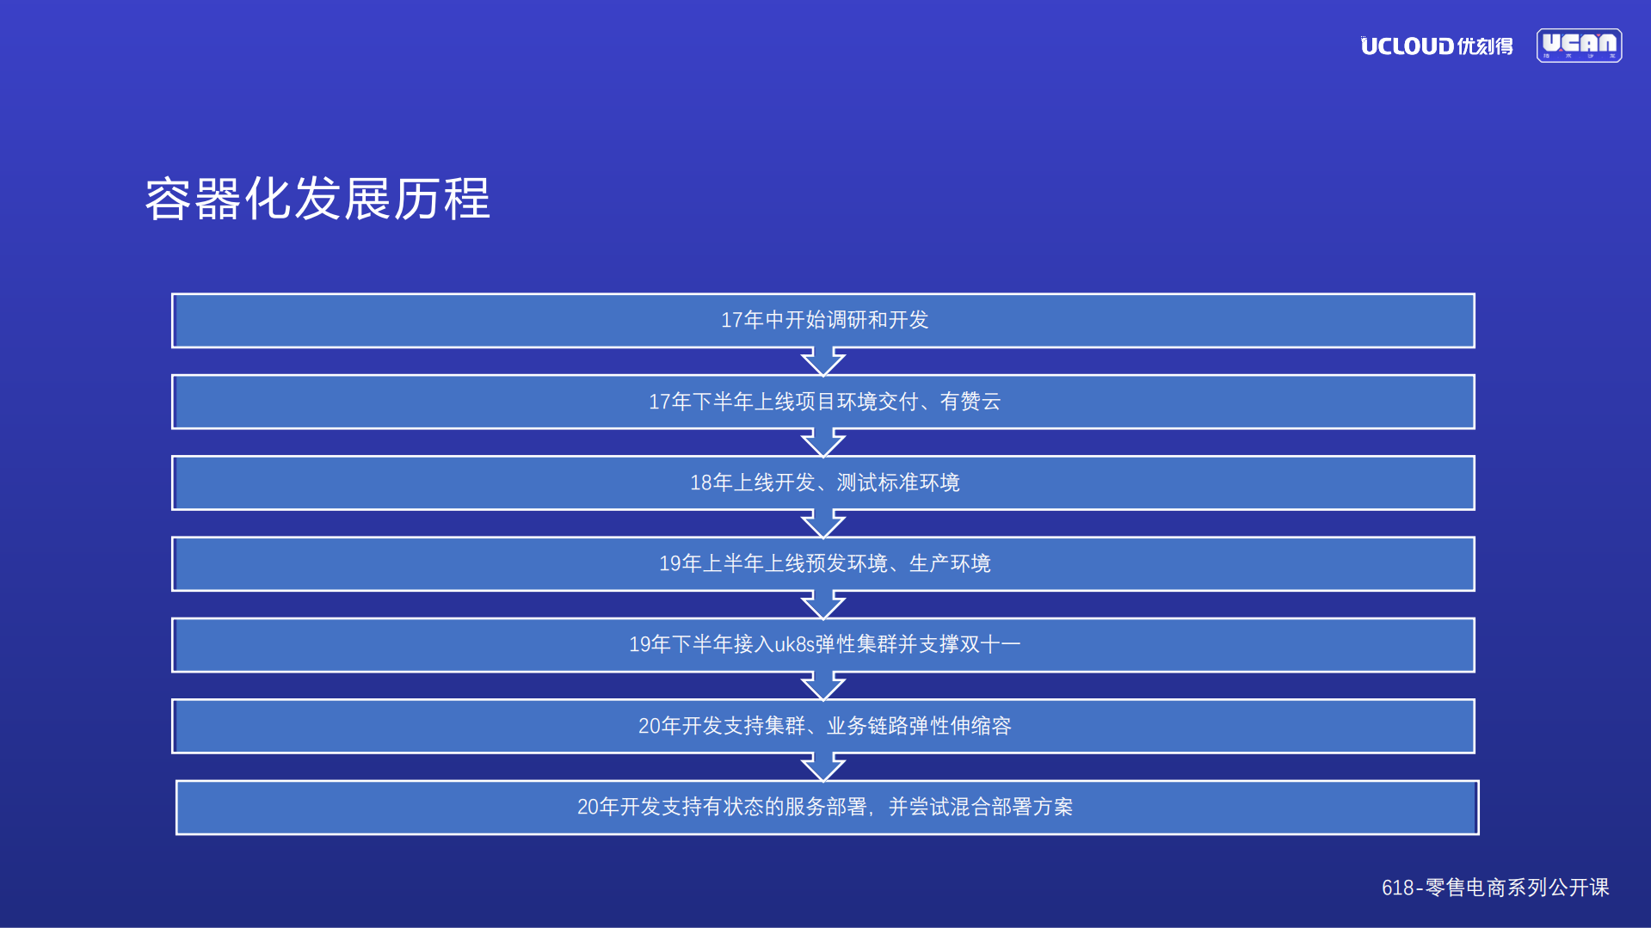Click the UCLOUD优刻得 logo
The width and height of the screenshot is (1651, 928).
pos(1436,46)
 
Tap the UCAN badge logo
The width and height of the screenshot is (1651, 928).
pos(1579,46)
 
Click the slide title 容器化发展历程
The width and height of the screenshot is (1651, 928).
pos(317,199)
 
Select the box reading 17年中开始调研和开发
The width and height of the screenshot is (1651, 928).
pos(823,321)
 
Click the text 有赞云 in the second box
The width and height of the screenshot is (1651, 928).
pos(970,402)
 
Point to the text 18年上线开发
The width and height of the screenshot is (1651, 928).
pos(752,482)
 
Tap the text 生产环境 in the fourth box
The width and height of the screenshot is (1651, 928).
pos(950,563)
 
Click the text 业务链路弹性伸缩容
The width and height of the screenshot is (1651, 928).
pos(919,726)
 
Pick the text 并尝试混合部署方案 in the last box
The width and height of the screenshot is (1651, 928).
pos(981,807)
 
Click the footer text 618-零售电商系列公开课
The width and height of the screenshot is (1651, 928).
pos(1494,888)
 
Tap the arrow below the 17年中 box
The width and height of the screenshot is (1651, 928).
pos(823,361)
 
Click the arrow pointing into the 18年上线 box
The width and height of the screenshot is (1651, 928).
pos(823,442)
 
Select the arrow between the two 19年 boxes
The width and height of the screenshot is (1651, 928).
pos(823,605)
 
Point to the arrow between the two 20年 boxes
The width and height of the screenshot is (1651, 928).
pos(823,766)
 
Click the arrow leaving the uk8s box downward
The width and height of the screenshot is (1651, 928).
pos(823,685)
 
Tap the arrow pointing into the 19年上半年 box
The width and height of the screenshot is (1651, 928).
pos(823,523)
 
